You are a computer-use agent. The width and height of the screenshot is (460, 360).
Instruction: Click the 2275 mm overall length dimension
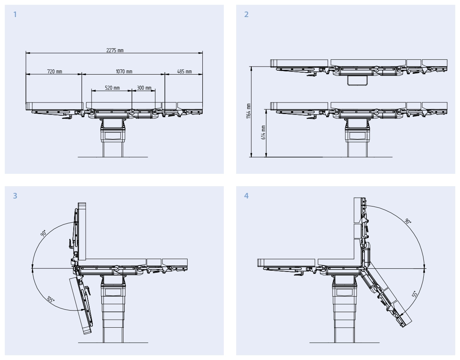(x=115, y=50)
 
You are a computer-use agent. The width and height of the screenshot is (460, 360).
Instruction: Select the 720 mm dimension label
(x=55, y=71)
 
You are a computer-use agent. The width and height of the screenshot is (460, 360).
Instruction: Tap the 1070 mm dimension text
(x=124, y=71)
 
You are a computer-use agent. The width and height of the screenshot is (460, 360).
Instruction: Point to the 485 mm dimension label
(x=184, y=71)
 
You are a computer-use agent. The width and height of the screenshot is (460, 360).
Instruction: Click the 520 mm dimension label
(x=112, y=88)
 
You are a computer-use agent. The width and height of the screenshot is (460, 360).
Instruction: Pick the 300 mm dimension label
(x=144, y=88)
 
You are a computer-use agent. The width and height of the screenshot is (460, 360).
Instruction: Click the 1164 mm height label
(x=249, y=111)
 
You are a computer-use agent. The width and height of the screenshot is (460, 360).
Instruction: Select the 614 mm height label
(x=263, y=132)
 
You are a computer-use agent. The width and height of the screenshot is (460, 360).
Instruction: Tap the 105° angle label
(x=51, y=299)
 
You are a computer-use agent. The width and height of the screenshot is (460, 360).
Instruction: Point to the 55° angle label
(x=415, y=294)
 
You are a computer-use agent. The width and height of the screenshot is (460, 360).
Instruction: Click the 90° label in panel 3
(x=43, y=233)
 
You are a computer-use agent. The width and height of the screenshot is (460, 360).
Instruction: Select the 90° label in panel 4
(x=408, y=221)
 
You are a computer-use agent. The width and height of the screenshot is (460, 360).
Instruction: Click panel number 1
(x=15, y=14)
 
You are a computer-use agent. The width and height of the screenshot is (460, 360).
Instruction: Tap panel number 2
(x=247, y=14)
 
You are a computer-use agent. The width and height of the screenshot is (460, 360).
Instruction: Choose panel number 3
(x=15, y=196)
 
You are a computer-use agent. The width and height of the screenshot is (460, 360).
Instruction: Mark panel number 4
(x=247, y=196)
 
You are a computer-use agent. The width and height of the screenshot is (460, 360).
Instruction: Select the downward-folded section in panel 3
(x=81, y=305)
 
